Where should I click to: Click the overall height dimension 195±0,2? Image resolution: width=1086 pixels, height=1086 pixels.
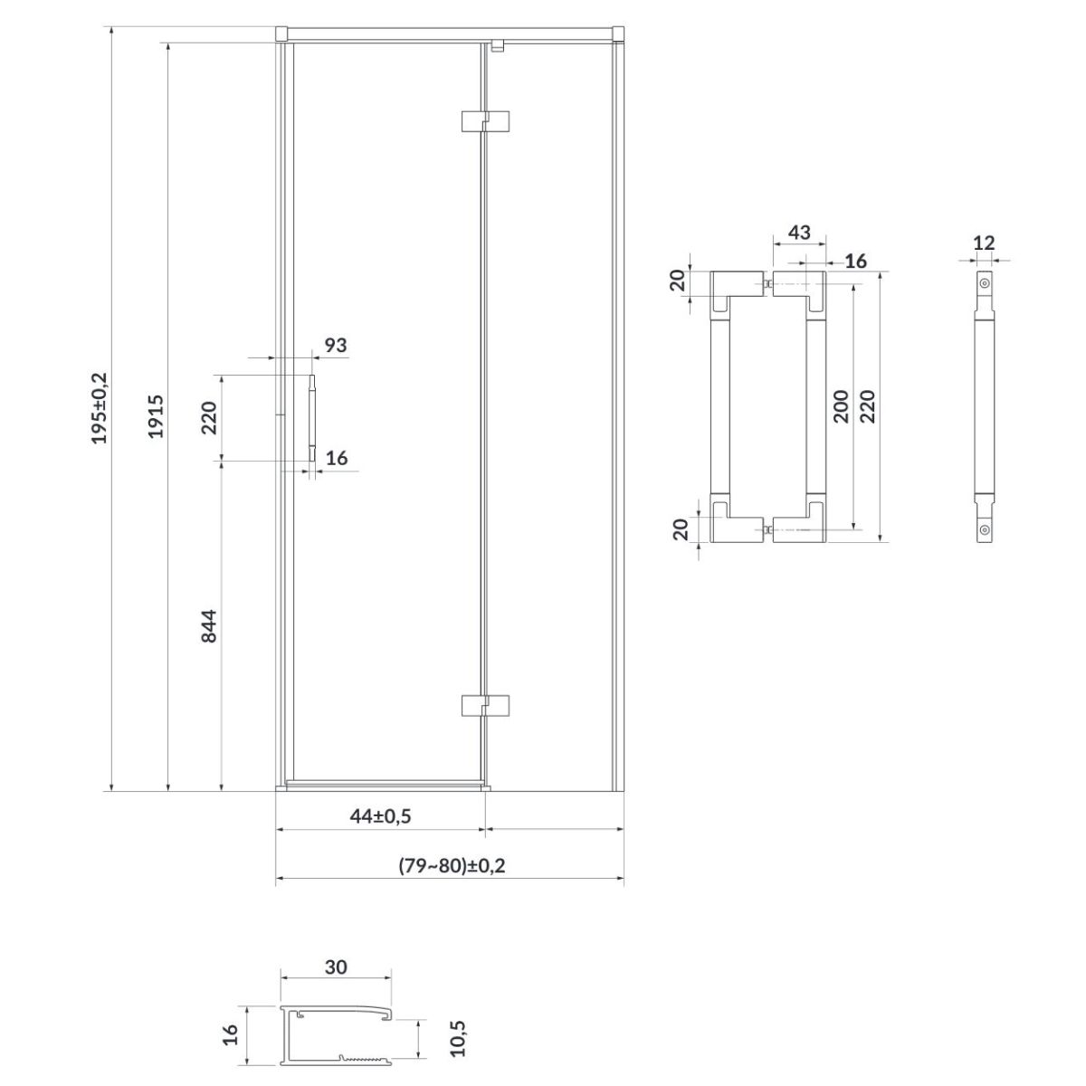tap(100, 408)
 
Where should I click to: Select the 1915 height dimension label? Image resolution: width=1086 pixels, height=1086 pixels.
tap(156, 416)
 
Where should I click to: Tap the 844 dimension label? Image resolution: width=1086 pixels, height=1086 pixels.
tap(209, 625)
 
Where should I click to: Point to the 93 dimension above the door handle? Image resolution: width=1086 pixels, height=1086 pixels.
tap(336, 345)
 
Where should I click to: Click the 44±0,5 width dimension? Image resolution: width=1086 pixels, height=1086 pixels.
tap(380, 815)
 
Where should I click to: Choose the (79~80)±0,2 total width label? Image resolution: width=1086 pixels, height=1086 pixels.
tap(452, 865)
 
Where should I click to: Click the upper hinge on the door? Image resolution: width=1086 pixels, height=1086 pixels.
tap(485, 121)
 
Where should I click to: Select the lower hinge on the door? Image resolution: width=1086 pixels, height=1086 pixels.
tap(485, 706)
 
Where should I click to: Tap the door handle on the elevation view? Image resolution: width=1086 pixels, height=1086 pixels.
tap(312, 418)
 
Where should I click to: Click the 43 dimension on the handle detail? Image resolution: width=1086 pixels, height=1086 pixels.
tap(799, 232)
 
